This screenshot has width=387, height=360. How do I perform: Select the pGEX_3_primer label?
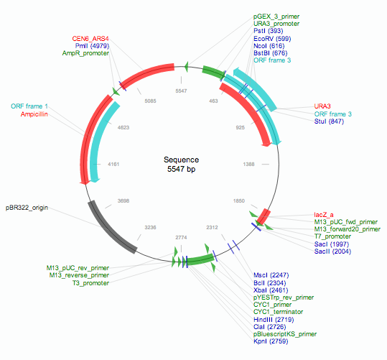coord(276,15)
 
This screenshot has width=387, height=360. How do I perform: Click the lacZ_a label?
coord(325,215)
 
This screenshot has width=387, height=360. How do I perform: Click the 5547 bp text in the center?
coord(181,170)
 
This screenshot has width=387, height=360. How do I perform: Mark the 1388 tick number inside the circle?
coord(248,165)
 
